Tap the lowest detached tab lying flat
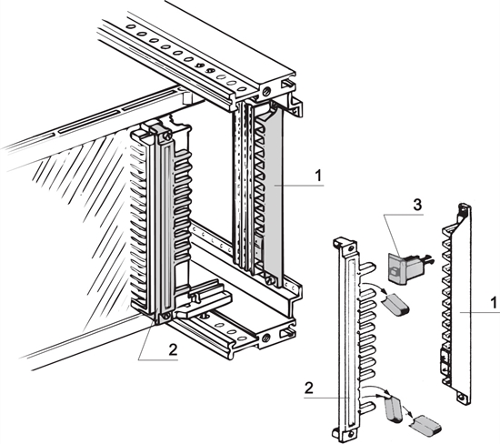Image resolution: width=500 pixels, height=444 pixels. point(423,422)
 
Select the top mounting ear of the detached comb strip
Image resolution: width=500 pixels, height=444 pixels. point(344,245)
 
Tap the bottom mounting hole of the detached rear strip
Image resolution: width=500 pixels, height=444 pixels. point(464,396)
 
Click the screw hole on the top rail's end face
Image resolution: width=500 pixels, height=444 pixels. point(266,93)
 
